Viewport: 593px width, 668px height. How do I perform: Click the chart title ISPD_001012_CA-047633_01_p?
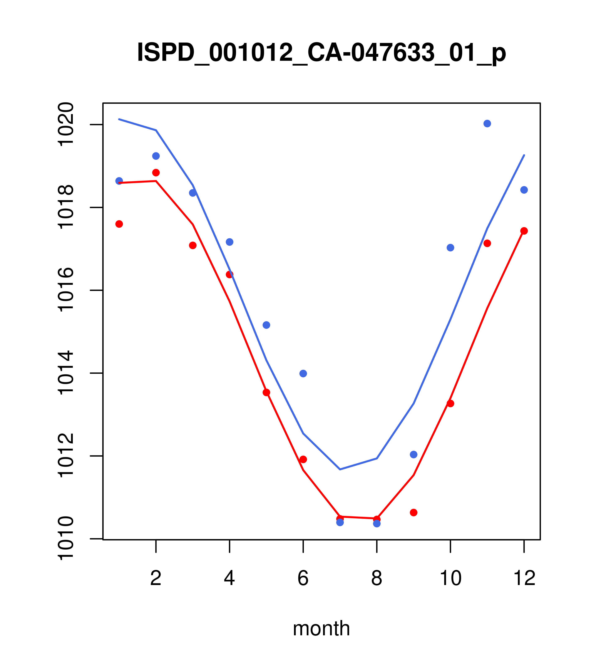tap(321, 53)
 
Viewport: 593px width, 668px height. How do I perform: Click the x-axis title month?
tap(321, 628)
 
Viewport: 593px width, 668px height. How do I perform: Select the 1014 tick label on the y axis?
tap(65, 373)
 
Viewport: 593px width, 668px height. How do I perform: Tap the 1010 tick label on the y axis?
tap(65, 539)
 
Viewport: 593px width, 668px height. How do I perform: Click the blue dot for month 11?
tap(487, 124)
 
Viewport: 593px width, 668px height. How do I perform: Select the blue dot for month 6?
tap(303, 374)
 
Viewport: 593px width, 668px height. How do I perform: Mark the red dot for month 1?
tap(119, 224)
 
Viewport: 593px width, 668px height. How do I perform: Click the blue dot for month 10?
tap(450, 248)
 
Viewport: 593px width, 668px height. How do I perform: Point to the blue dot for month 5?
tap(266, 325)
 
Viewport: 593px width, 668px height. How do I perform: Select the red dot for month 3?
tap(193, 245)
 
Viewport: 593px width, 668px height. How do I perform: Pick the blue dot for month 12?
tap(524, 190)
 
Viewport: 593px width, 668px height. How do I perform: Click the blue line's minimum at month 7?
tap(340, 469)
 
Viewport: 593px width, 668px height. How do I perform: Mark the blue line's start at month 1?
tap(119, 119)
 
